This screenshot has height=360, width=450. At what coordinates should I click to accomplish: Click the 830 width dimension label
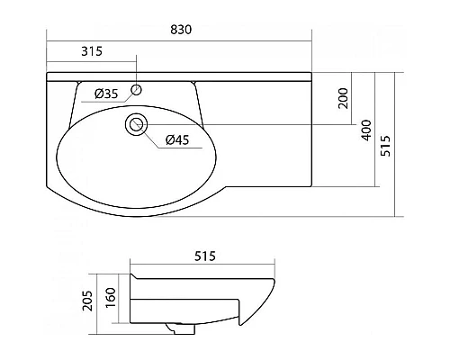click(x=181, y=30)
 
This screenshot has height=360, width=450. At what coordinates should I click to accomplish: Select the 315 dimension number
click(x=92, y=51)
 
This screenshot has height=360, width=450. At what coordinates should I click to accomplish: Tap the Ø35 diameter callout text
click(x=106, y=94)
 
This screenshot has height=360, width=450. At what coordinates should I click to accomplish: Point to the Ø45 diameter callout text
click(x=177, y=139)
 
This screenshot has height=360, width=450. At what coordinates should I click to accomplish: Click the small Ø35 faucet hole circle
click(x=137, y=90)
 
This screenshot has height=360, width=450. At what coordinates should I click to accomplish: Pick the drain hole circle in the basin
click(x=137, y=124)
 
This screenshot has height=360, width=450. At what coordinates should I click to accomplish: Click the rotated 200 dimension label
click(x=343, y=98)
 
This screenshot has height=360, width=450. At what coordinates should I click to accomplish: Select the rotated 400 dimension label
click(x=366, y=130)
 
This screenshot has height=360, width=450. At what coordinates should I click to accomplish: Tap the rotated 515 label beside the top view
click(x=385, y=146)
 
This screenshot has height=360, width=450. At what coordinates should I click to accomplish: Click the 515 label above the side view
click(x=205, y=256)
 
